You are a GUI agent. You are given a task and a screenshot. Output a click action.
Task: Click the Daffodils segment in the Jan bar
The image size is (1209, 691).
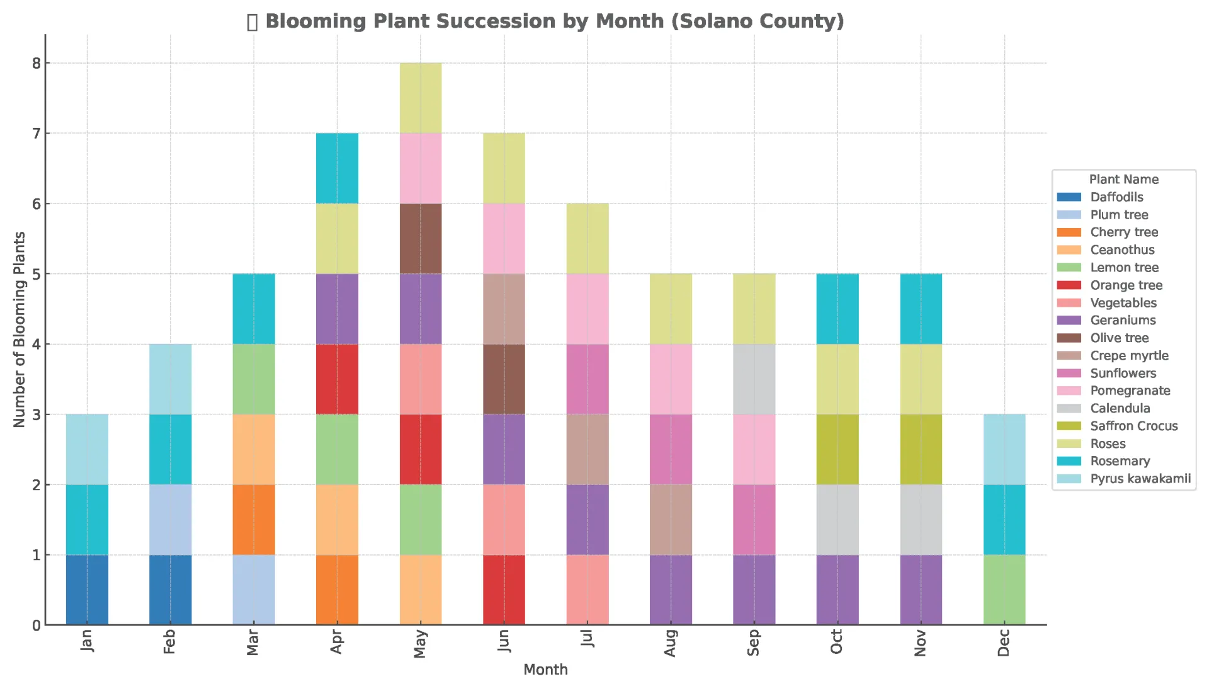tap(87, 590)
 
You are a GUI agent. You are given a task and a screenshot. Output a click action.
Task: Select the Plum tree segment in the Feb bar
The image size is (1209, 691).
tap(170, 520)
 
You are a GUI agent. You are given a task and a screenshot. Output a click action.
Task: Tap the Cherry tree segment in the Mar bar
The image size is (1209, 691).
tap(254, 520)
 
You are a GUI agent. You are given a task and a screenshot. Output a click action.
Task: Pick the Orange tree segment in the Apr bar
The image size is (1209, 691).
tap(337, 379)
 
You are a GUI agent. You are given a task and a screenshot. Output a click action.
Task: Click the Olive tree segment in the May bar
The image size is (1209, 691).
tap(421, 239)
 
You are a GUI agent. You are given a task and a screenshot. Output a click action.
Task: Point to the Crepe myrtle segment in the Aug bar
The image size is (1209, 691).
tap(671, 520)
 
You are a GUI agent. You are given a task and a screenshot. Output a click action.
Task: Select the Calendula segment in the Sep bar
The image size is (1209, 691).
tap(754, 379)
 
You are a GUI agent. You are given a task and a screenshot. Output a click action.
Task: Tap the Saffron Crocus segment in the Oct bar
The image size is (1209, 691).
tap(837, 449)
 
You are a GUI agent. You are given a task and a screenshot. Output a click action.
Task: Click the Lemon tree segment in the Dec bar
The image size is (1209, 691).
tap(1004, 590)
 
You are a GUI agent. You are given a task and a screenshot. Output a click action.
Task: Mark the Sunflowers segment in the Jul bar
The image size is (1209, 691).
tap(587, 379)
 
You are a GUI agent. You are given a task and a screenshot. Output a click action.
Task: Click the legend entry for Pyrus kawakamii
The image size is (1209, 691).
tap(1140, 479)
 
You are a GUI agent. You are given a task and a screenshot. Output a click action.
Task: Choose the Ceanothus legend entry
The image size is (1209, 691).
tap(1122, 250)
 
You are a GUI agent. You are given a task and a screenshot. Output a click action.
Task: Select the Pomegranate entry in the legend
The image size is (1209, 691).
tap(1130, 391)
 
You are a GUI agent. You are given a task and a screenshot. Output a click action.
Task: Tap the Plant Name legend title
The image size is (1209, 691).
tap(1123, 180)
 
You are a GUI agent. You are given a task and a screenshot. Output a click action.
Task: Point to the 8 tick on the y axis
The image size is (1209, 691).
tap(37, 63)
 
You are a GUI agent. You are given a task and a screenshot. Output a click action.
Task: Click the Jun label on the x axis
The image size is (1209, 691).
tap(504, 641)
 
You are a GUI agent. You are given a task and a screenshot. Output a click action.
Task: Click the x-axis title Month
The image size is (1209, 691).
tap(545, 670)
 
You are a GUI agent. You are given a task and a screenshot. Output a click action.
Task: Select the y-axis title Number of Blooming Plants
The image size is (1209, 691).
tap(20, 329)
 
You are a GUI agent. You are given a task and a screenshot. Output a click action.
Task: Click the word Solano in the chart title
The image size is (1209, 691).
tap(712, 21)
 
